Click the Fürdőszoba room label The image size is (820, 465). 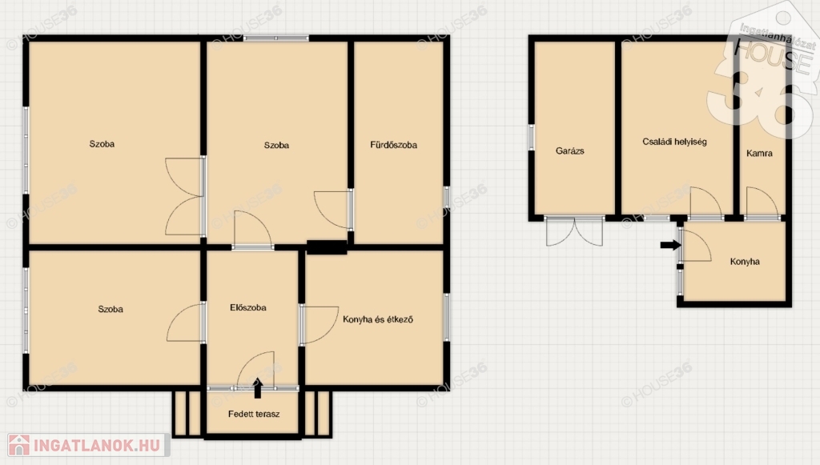(393, 145)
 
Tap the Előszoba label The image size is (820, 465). (248, 308)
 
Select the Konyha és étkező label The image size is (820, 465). (378, 319)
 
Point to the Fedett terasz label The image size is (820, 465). (254, 414)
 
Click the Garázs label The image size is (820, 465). (569, 151)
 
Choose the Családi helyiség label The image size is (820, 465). (674, 142)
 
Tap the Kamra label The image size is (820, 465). (759, 153)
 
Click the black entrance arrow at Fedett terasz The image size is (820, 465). (257, 388)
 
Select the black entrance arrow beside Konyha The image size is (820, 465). (670, 245)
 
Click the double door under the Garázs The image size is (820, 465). (574, 231)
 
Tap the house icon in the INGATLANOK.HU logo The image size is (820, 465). (19, 445)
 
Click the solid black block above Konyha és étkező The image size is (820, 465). (327, 247)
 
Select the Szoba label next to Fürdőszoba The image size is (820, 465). (276, 145)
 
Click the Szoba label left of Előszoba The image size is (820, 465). (111, 309)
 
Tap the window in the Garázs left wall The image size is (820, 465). (532, 138)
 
